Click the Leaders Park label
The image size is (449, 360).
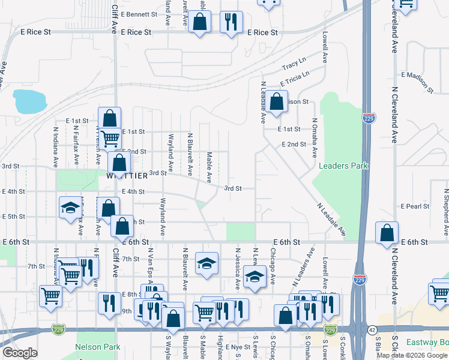coord(343,166)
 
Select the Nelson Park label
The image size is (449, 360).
coord(97,347)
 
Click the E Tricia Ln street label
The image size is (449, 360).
coord(294,79)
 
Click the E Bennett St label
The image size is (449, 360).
coord(139,14)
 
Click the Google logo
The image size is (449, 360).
coord(20,352)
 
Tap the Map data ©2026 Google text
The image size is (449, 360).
coord(412,355)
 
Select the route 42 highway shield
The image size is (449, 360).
coord(372,329)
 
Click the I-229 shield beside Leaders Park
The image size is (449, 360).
coord(369,118)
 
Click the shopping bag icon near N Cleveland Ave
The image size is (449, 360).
coord(387,233)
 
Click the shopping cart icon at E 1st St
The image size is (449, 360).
coord(110,139)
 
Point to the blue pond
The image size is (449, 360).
coord(29,101)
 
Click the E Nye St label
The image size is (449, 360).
coord(237,347)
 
